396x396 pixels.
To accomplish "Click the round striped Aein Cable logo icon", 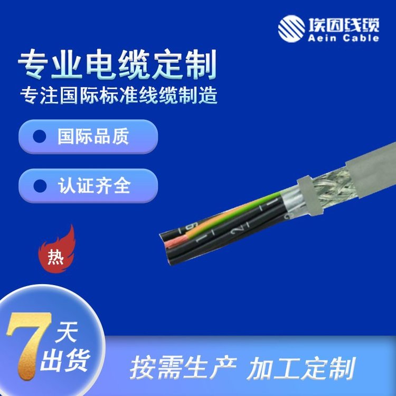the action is (291, 29).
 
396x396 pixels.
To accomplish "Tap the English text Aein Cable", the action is (344, 38).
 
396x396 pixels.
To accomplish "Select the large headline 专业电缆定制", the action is (117, 64).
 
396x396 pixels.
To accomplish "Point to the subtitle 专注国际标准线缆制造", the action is (119, 95).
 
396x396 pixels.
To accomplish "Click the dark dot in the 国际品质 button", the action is (40, 136).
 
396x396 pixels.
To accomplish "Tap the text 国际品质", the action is (93, 136).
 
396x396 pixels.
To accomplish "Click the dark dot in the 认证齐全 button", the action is (40, 186).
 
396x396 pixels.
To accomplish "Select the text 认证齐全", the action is (94, 186).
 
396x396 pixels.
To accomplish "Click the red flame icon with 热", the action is (57, 249).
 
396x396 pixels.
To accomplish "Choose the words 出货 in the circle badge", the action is (65, 361).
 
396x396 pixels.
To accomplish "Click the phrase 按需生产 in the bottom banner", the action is (183, 367).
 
